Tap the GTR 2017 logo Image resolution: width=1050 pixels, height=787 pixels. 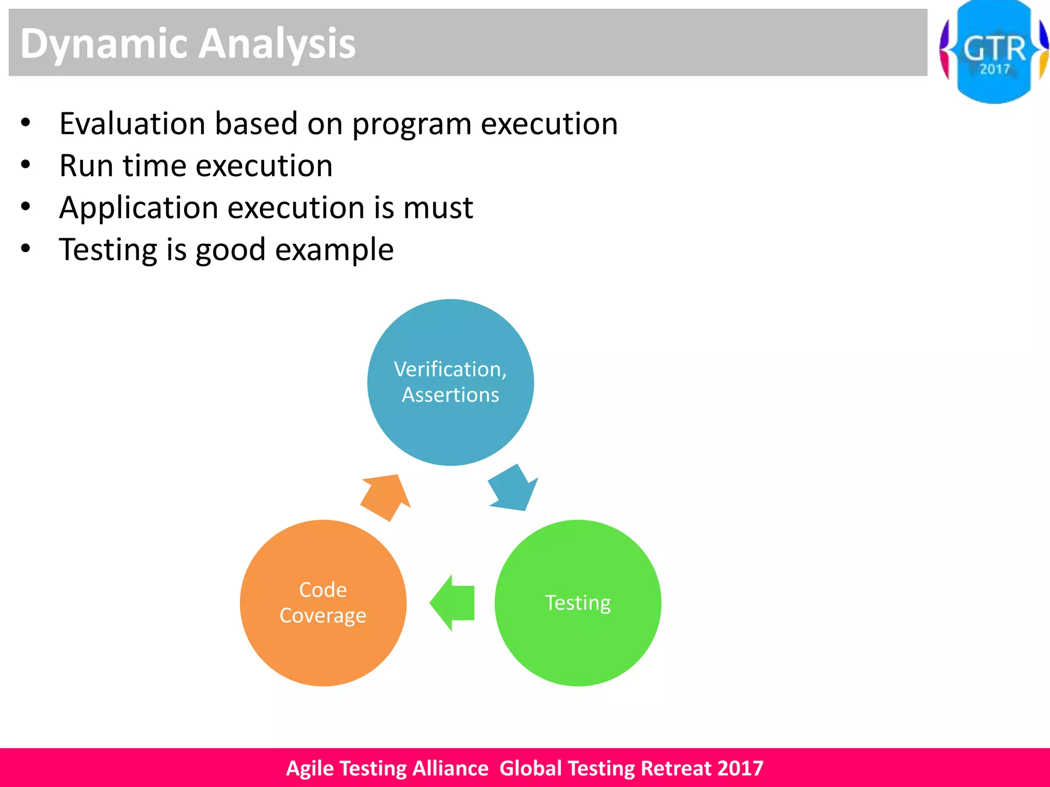(994, 52)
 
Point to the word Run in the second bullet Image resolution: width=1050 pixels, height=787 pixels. (86, 165)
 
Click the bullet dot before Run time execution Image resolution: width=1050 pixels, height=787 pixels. (26, 165)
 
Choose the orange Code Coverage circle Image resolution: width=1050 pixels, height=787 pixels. (323, 651)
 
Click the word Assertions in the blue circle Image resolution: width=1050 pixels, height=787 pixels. (450, 395)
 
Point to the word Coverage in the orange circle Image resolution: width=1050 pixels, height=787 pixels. (323, 615)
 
